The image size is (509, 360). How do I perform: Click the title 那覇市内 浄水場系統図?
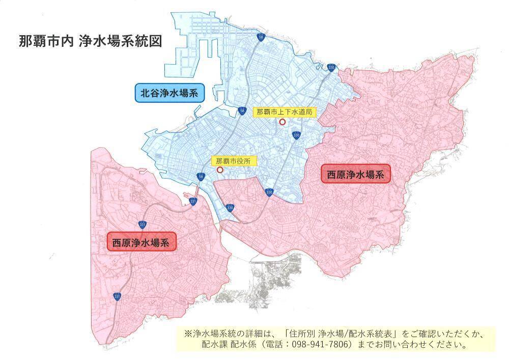click(90, 41)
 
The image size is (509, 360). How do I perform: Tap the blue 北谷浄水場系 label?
click(169, 93)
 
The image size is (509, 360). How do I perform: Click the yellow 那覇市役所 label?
click(234, 161)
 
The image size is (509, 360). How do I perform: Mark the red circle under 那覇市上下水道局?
click(282, 122)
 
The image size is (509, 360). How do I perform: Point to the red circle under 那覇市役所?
click(220, 170)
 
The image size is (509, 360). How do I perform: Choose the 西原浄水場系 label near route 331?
click(142, 242)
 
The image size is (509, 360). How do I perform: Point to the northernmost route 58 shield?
click(261, 37)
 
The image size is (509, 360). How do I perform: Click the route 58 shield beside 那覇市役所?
click(201, 177)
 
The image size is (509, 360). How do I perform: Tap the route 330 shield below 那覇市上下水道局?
click(296, 135)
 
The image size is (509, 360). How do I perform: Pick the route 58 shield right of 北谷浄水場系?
click(241, 110)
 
